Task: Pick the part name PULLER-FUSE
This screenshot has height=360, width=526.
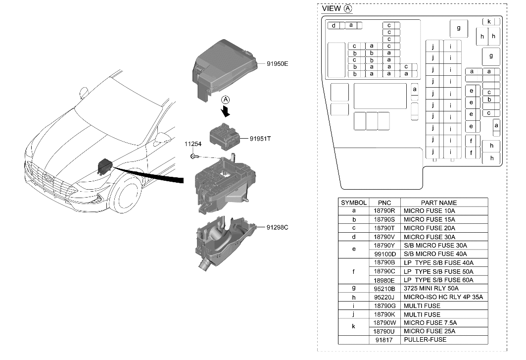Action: point(425,340)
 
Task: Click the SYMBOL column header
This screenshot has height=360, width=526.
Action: point(354,203)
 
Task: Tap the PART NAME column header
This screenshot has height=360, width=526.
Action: point(438,203)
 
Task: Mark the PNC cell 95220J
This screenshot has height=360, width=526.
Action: point(384,297)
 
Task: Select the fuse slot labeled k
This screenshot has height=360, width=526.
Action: point(489,22)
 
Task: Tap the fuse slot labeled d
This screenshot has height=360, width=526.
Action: point(334,25)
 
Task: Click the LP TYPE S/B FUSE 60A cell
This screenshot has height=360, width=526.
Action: point(438,280)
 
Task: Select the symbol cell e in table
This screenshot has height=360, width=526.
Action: point(354,250)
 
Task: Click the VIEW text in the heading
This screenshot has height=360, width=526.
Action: point(332,8)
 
